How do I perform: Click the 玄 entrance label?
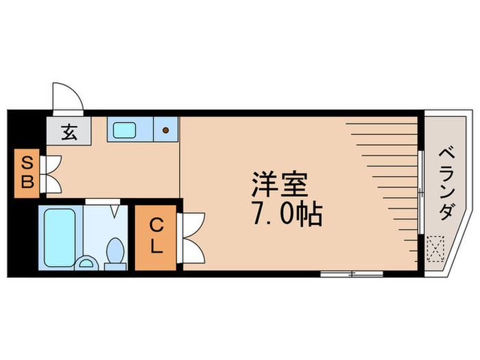click(x=69, y=131)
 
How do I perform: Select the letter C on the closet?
click(x=156, y=224)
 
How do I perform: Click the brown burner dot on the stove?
click(x=165, y=129)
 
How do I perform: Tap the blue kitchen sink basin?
click(x=125, y=129)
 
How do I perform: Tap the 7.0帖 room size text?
click(x=287, y=215)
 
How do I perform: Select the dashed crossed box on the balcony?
click(x=434, y=248)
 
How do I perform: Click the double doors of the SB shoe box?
click(x=51, y=173)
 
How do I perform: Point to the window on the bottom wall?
click(x=352, y=274)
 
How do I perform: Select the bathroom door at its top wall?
click(x=103, y=202)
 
